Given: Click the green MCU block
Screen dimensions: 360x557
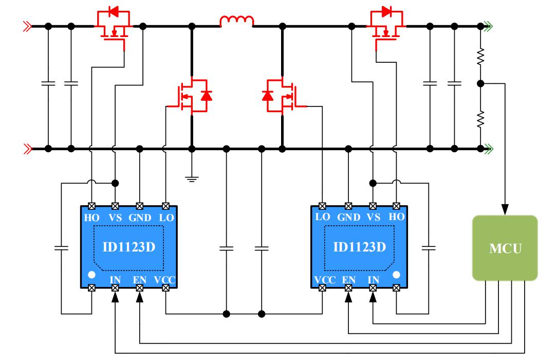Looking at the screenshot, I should click(505, 248).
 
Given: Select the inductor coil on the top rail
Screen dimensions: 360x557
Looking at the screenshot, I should click(237, 22).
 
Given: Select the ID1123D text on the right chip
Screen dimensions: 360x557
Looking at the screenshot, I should click(359, 247).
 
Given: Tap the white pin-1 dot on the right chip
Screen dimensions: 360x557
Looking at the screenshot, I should click(396, 275).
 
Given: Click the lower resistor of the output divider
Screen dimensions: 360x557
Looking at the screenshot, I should click(480, 119).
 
